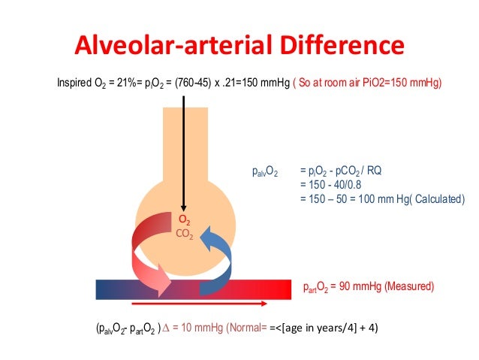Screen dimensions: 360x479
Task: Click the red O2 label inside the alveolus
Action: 184,221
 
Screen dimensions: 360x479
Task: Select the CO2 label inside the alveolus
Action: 184,234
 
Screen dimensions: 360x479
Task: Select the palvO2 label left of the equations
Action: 264,172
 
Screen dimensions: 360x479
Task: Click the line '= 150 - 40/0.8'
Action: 329,185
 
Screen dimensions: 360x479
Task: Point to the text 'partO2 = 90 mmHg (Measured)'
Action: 369,287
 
